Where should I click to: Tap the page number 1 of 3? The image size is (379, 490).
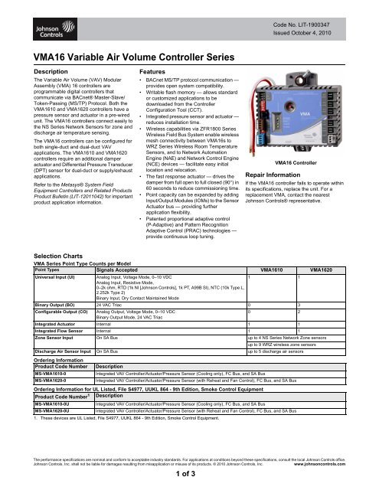[x=188, y=479]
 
